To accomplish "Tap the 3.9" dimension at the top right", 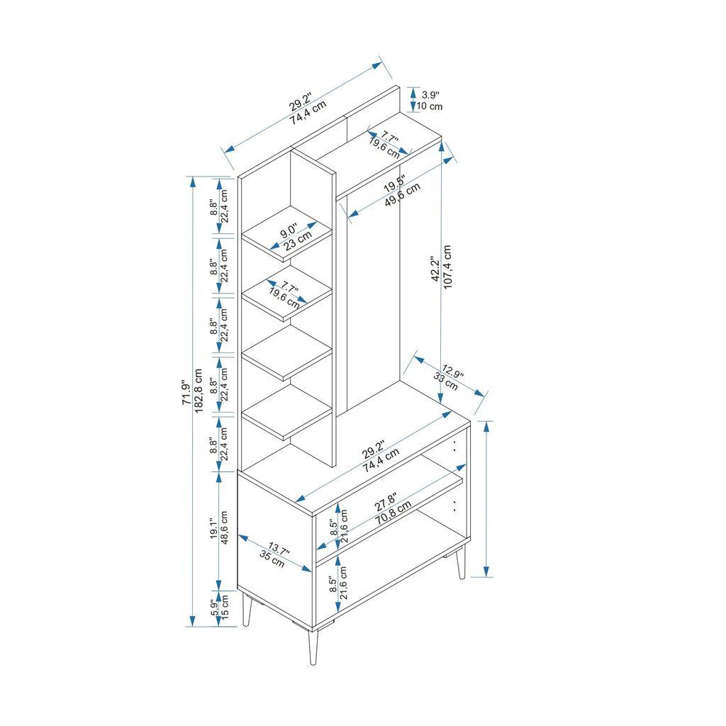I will (x=430, y=94).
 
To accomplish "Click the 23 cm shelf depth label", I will (x=298, y=241).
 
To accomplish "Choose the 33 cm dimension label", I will (x=446, y=380).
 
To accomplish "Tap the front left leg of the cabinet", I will (x=247, y=611).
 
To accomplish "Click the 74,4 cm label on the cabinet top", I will (x=381, y=461).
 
